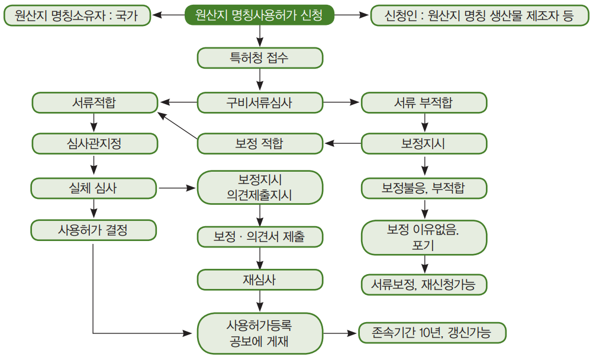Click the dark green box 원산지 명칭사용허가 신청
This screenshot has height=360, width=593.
click(x=259, y=15)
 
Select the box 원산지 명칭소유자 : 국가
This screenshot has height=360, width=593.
click(x=77, y=15)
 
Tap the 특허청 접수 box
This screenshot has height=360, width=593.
click(x=260, y=58)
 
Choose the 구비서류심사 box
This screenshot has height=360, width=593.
click(x=260, y=102)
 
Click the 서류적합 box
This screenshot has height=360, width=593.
click(x=95, y=102)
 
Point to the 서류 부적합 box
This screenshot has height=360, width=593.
click(x=424, y=102)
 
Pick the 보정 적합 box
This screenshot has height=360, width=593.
click(x=260, y=143)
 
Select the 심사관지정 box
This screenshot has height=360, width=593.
click(x=95, y=143)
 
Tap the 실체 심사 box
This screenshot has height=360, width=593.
click(x=94, y=188)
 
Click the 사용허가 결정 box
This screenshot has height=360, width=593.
click(x=94, y=230)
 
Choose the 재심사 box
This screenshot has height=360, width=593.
click(x=260, y=279)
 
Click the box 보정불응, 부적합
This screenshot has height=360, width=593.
click(x=424, y=188)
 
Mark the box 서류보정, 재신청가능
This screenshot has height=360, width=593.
click(x=424, y=285)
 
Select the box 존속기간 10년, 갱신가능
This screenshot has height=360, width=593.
click(x=432, y=333)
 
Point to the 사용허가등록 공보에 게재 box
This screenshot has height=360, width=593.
click(x=260, y=333)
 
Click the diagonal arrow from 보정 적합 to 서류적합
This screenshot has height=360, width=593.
click(x=178, y=126)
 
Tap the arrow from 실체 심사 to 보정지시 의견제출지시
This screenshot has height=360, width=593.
click(x=177, y=188)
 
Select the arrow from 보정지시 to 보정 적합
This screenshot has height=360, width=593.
click(x=343, y=143)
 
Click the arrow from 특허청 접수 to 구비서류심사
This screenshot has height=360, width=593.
click(x=260, y=80)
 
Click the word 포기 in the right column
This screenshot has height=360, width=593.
click(x=423, y=245)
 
